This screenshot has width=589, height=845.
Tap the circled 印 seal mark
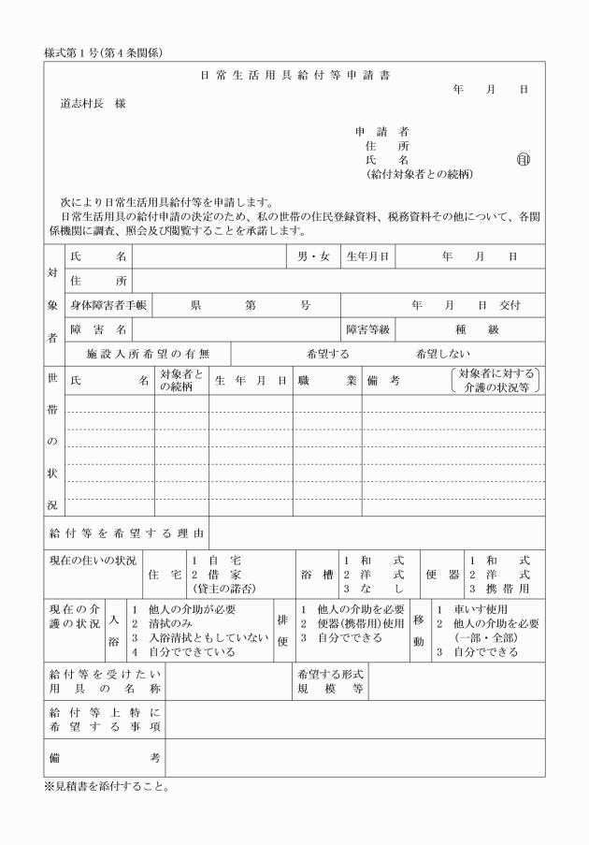pyautogui.click(x=523, y=160)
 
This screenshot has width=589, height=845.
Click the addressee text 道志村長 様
pyautogui.click(x=93, y=103)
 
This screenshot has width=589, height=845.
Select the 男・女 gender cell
pyautogui.click(x=313, y=255)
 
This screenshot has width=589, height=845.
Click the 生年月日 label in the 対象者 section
pyautogui.click(x=367, y=255)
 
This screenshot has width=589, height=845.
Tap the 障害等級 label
pyautogui.click(x=367, y=329)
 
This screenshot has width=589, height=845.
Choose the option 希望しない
pyautogui.click(x=443, y=354)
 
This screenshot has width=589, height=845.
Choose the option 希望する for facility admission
pyautogui.click(x=327, y=354)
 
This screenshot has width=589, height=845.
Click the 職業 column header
pyautogui.click(x=327, y=381)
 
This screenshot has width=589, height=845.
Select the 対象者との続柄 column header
pyautogui.click(x=181, y=381)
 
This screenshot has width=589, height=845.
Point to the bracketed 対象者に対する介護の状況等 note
pyautogui.click(x=497, y=380)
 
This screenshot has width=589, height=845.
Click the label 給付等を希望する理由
pyautogui.click(x=126, y=533)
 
